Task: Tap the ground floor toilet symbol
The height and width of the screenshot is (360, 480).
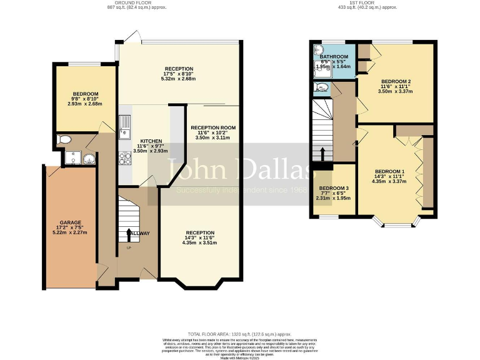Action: (62, 139)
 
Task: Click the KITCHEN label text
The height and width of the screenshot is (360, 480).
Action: (151, 141)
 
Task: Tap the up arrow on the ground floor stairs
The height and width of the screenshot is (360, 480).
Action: (129, 234)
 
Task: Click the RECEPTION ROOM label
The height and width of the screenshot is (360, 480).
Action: (213, 127)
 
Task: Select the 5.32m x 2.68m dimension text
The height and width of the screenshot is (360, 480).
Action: (179, 79)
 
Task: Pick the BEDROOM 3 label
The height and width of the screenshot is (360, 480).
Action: (334, 188)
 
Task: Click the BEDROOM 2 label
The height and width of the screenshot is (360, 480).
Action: (396, 81)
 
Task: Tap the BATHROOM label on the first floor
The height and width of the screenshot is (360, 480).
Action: (332, 56)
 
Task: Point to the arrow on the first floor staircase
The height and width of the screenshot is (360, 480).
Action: (322, 154)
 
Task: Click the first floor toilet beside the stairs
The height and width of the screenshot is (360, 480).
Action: (322, 88)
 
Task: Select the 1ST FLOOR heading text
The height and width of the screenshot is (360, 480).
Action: (362, 2)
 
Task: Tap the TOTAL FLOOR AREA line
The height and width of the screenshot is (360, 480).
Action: (239, 334)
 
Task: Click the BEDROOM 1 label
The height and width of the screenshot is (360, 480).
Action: (390, 171)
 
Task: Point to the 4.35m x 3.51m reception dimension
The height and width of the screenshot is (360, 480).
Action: (200, 242)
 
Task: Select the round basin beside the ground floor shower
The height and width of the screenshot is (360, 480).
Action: (89, 159)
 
